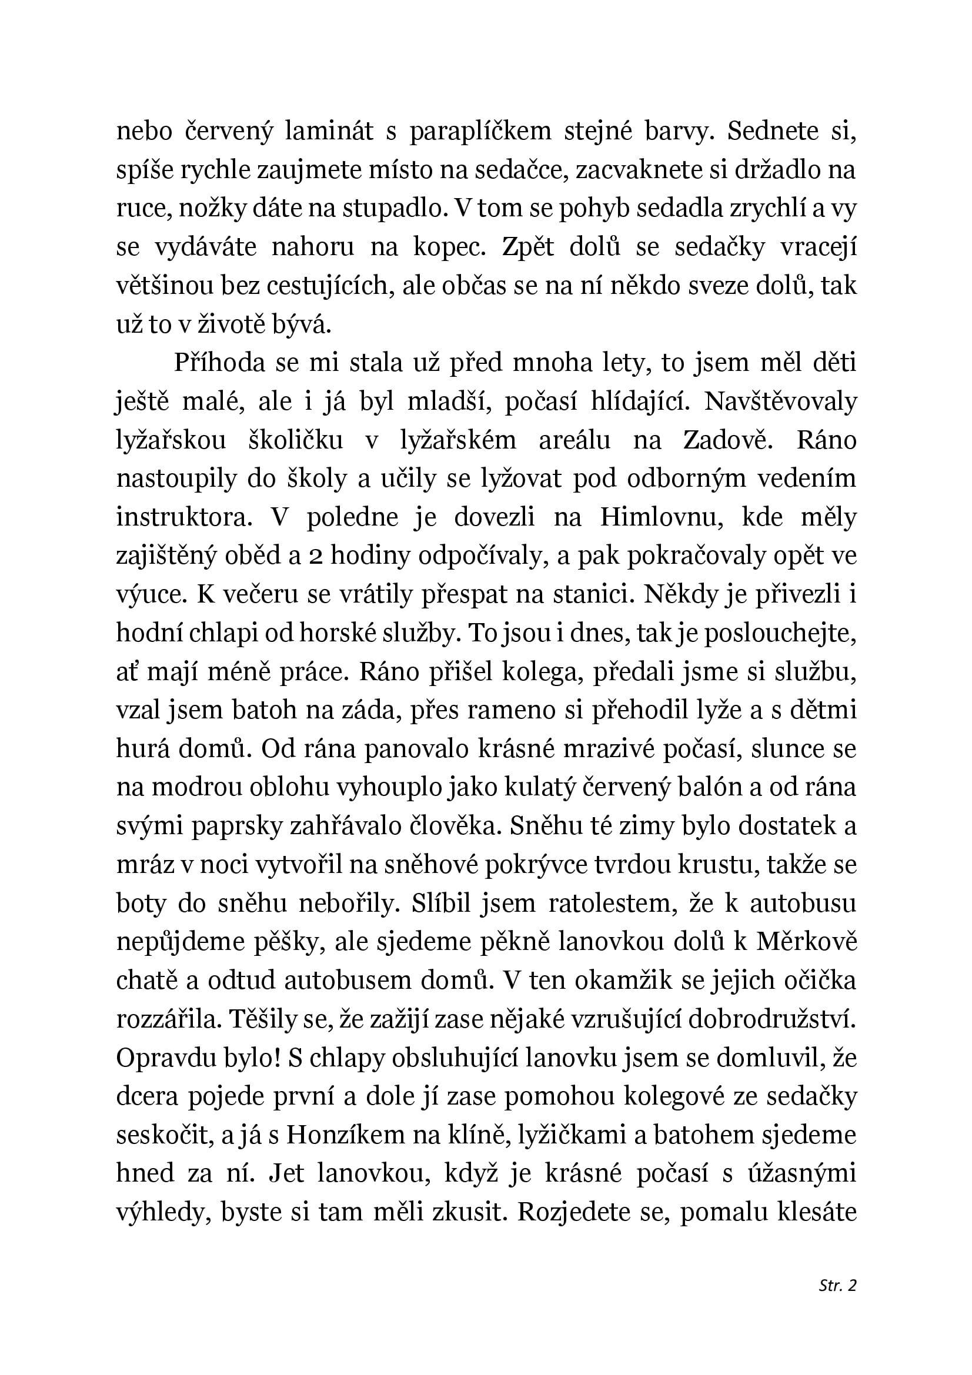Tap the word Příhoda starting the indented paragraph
pos(219,363)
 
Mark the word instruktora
pos(182,518)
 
